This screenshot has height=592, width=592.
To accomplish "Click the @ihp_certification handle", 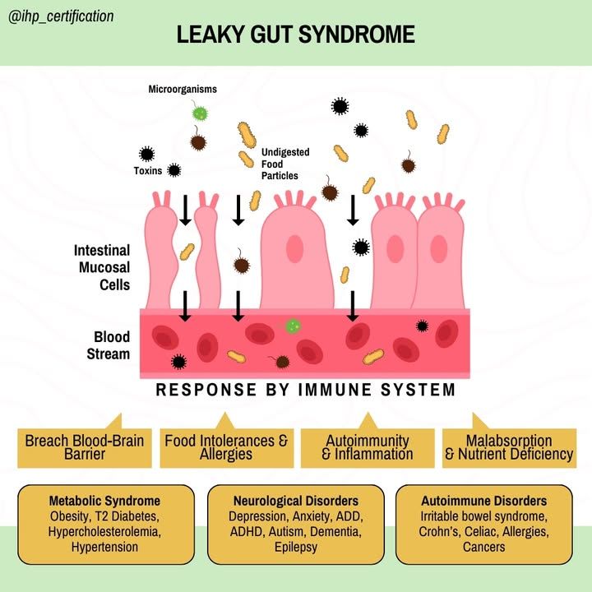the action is pos(61,16).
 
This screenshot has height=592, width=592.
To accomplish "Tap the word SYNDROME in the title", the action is pos(356,34).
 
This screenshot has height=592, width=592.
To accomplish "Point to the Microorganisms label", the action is pos(183,89).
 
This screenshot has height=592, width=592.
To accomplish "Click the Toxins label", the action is pos(148,171).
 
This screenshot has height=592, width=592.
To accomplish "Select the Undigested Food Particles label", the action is pos(285,164).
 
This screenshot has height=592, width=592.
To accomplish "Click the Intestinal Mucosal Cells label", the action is pos(102,267).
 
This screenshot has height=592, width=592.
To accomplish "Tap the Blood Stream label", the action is pos(109,345).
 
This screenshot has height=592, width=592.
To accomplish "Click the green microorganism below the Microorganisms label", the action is pos(199,113).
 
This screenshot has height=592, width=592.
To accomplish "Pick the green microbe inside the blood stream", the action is pos(293,326).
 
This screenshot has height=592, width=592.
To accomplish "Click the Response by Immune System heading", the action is pos(305,390).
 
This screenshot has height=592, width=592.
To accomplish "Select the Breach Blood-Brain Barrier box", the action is pos(85,448).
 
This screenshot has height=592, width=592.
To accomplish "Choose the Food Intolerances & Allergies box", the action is pos(227,448).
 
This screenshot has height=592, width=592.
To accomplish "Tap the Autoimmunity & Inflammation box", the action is pos(368,448).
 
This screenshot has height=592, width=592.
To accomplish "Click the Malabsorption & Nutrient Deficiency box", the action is pos(509,448).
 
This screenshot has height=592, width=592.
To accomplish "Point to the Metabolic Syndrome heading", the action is pos(104,501).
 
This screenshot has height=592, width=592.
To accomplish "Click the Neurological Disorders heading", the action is pos(296,501).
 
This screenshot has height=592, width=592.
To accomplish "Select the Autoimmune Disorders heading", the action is pos(484,501).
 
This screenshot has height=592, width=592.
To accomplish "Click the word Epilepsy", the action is pos(296,547).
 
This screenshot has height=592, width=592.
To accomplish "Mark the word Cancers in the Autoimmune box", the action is pos(484,547).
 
